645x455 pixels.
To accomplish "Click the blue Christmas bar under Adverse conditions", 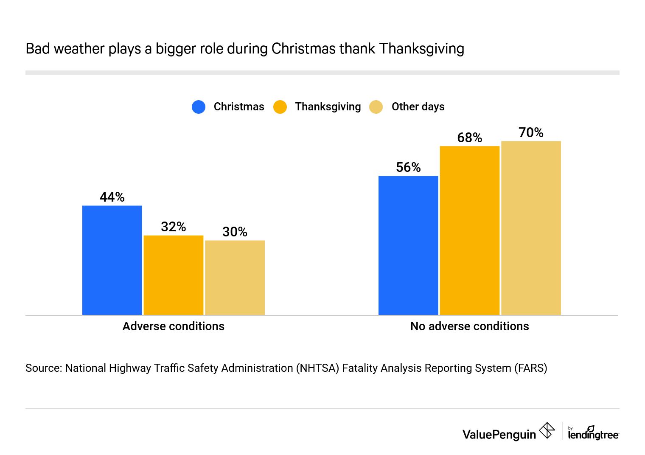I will pyautogui.click(x=112, y=260).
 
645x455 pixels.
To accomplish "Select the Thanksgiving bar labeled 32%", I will pyautogui.click(x=173, y=275).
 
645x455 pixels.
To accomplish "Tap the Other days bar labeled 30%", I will pyautogui.click(x=235, y=278).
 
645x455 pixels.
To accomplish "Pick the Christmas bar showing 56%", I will pyautogui.click(x=408, y=245).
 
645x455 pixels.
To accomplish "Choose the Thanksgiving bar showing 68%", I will pyautogui.click(x=469, y=230).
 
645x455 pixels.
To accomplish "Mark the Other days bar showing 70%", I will pyautogui.click(x=531, y=228).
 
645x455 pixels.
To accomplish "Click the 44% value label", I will pyautogui.click(x=112, y=197).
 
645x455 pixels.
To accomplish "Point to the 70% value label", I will pyautogui.click(x=531, y=132).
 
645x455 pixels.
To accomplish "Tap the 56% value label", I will pyautogui.click(x=408, y=167).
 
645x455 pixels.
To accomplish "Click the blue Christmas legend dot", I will pyautogui.click(x=199, y=107).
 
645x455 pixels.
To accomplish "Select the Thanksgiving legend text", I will pyautogui.click(x=328, y=107).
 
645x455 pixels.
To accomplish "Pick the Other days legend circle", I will pyautogui.click(x=376, y=107).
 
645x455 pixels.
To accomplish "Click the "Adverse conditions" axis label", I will pyautogui.click(x=173, y=326).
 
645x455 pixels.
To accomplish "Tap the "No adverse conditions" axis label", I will pyautogui.click(x=469, y=326).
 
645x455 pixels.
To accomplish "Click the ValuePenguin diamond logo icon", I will pyautogui.click(x=547, y=431).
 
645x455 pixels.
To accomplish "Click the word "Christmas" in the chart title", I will pyautogui.click(x=303, y=49).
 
